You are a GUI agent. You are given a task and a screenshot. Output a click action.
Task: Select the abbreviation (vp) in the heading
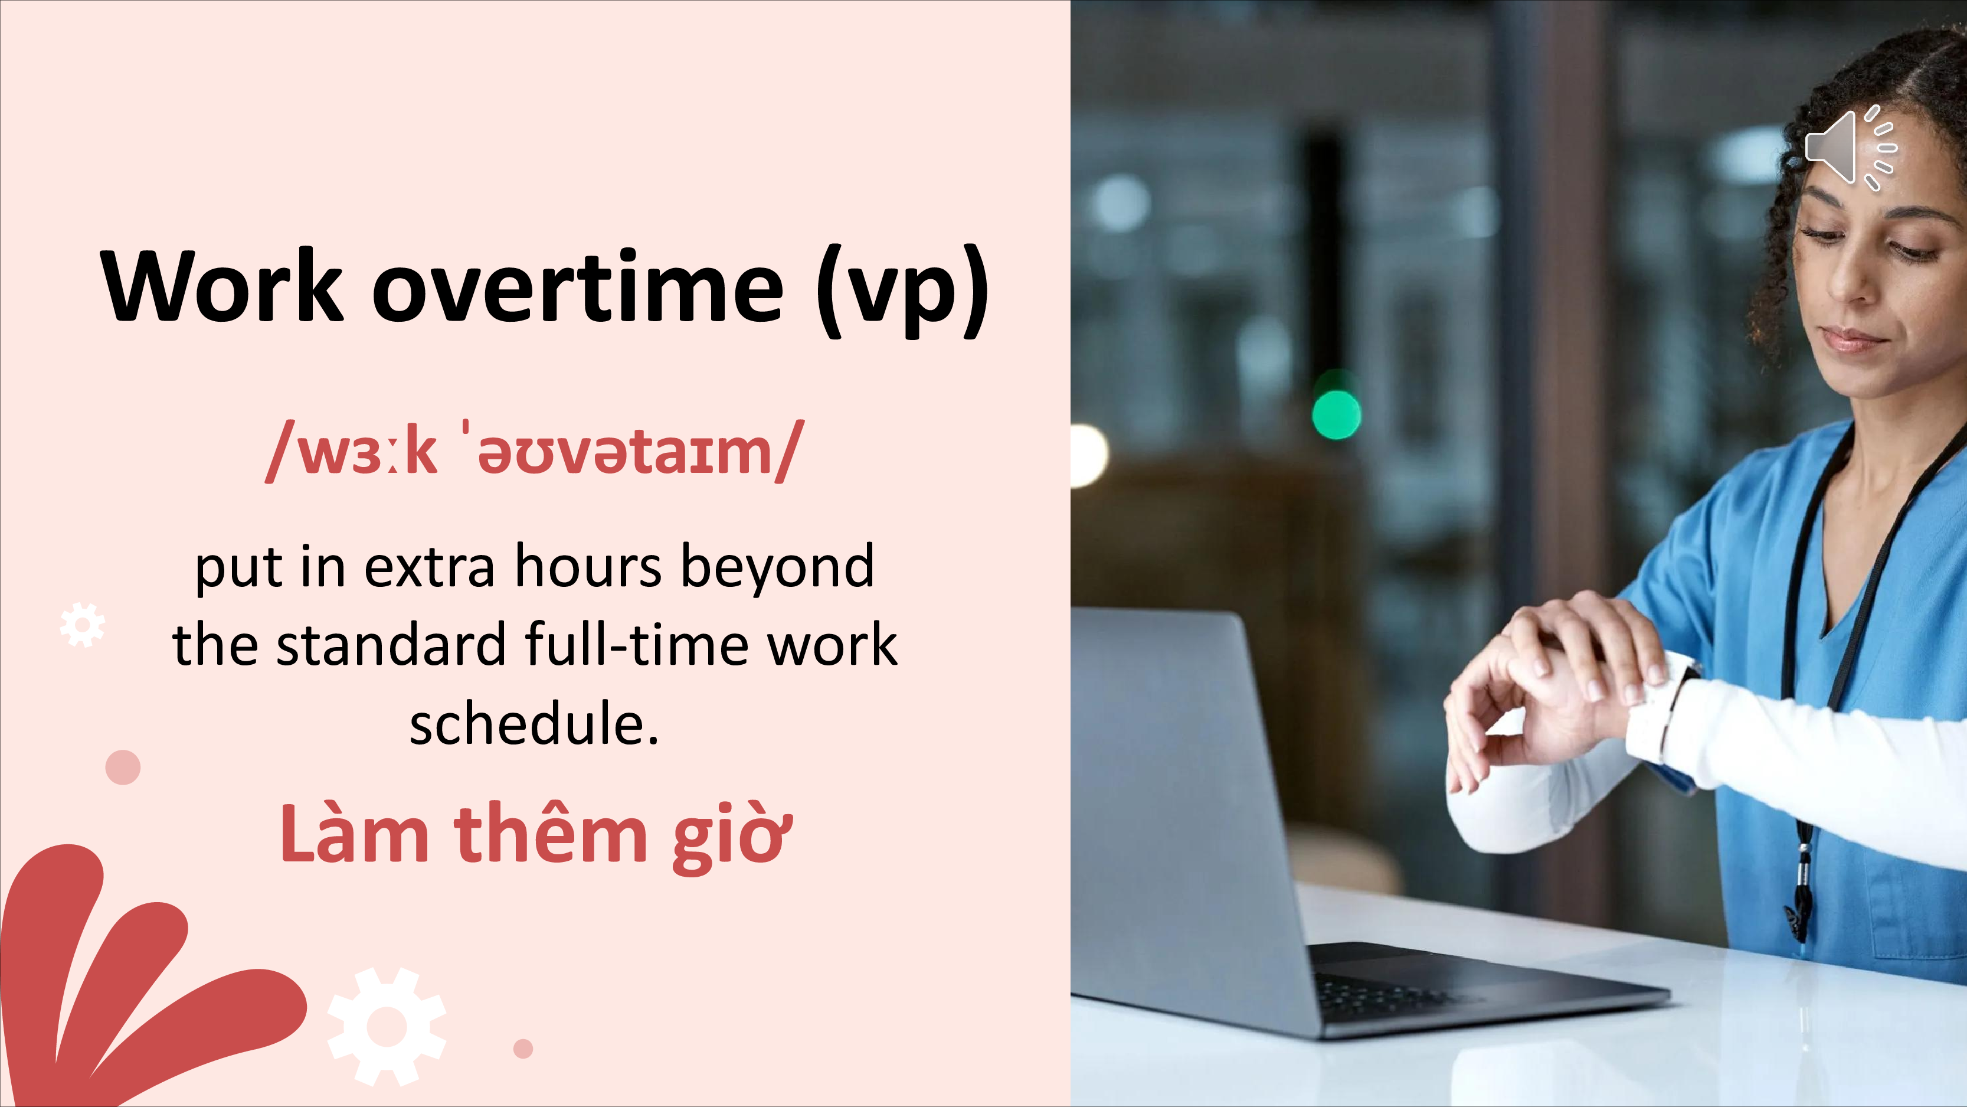[x=902, y=290]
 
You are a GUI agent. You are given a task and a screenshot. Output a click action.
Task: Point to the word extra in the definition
[x=429, y=567]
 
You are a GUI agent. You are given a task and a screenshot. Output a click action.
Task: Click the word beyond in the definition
[x=777, y=566]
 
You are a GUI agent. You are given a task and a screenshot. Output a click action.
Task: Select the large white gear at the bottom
[x=387, y=1027]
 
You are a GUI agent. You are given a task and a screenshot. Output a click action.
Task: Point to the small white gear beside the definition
[x=83, y=625]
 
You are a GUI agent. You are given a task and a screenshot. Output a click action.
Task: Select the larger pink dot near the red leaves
[x=123, y=767]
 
